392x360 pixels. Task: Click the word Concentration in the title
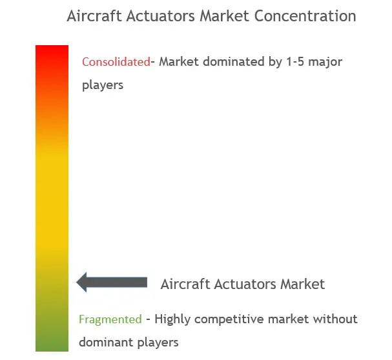point(305,16)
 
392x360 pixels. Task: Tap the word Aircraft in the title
point(94,16)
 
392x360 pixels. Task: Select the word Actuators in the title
point(161,16)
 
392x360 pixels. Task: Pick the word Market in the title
point(225,16)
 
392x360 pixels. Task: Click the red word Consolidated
point(116,62)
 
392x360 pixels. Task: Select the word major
point(325,63)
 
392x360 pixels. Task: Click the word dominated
point(234,62)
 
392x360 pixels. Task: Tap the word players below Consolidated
point(103,85)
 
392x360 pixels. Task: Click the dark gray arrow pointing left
point(112,283)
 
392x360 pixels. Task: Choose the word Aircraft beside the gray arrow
point(185,285)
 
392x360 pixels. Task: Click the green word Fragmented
point(110,319)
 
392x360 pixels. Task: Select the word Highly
point(172,319)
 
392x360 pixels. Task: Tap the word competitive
point(229,319)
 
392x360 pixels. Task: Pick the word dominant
point(106,343)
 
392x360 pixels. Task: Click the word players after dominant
point(158,343)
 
